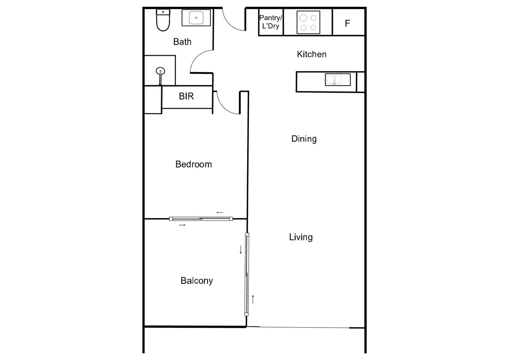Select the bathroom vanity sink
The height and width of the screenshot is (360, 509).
196,18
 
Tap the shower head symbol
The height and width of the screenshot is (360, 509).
160,71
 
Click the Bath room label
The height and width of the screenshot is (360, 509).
182,42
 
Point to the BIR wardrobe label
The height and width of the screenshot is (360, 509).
186,96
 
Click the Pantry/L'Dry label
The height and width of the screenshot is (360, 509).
270,22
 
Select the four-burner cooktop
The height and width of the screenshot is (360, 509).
308,23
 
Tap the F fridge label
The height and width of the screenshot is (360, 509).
347,23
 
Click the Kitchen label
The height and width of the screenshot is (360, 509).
311,54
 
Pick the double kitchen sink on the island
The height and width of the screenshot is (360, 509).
338,80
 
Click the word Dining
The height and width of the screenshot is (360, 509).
304,139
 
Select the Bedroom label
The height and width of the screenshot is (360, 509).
193,164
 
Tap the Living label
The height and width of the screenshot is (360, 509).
301,237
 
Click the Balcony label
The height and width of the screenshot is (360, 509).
197,281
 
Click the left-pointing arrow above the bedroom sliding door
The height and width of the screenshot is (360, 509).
220,213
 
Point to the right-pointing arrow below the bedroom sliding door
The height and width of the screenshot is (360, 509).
182,225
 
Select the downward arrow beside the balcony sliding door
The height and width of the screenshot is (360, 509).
241,250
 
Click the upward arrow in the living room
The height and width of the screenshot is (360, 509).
253,299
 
